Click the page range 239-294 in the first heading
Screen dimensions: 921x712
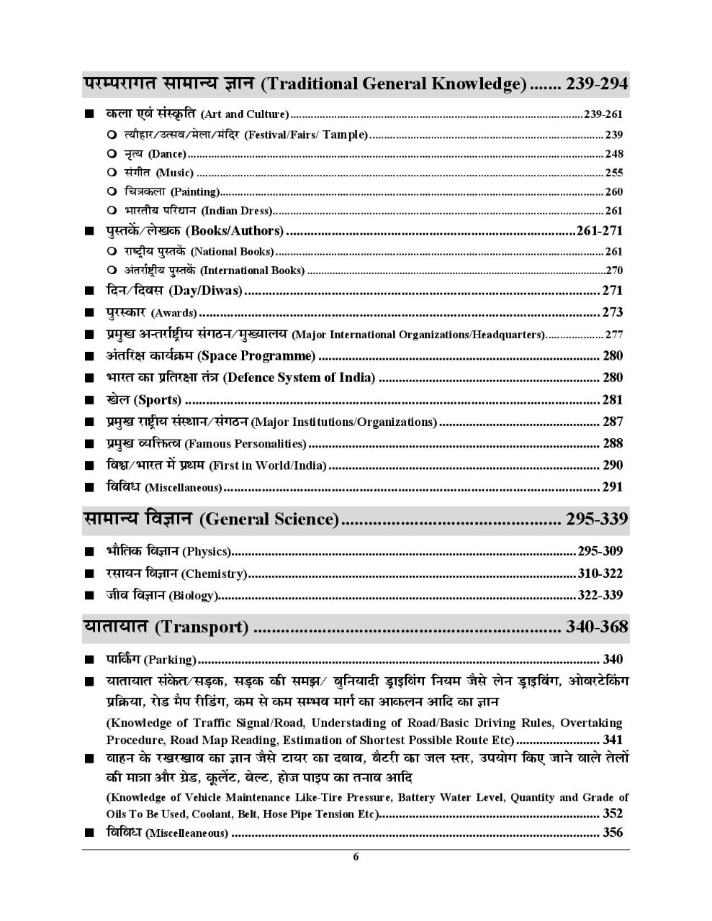pos(597,84)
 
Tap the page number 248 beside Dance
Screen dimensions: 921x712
pos(613,154)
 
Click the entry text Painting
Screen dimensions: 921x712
pos(194,192)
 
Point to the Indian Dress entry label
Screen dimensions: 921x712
pos(236,211)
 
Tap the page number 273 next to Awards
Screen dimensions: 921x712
pos(612,312)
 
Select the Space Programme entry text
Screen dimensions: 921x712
pos(256,356)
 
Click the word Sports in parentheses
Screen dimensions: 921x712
pos(158,400)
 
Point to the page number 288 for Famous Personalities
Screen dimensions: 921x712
pos(612,443)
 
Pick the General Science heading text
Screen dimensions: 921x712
pos(268,520)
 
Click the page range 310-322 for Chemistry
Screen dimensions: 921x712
pos(600,573)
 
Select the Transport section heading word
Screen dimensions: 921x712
pos(202,627)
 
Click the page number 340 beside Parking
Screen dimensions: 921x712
pos(612,659)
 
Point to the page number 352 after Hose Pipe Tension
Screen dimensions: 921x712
pos(612,814)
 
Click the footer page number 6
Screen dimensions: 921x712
pos(356,857)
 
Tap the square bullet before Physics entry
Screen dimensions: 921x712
pos(89,552)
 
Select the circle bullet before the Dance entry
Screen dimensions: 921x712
pos(111,154)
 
